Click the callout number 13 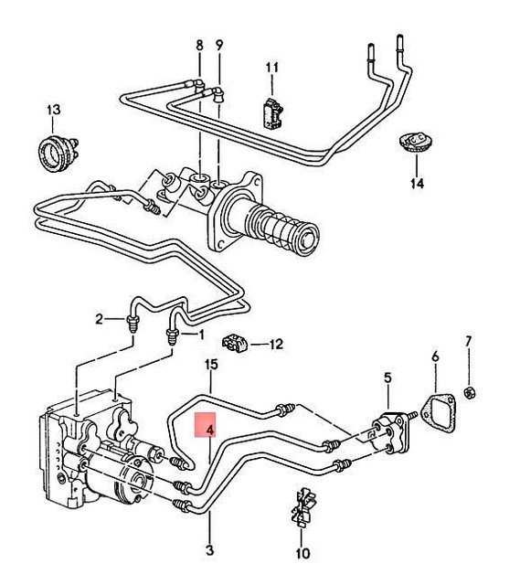pos(53,111)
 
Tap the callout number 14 pos(417,184)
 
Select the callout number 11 pos(271,69)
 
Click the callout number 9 pos(219,45)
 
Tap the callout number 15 pos(211,365)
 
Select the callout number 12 pos(275,345)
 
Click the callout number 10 pos(303,553)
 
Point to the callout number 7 pos(468,342)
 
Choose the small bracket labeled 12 pos(238,344)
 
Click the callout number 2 pos(99,319)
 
